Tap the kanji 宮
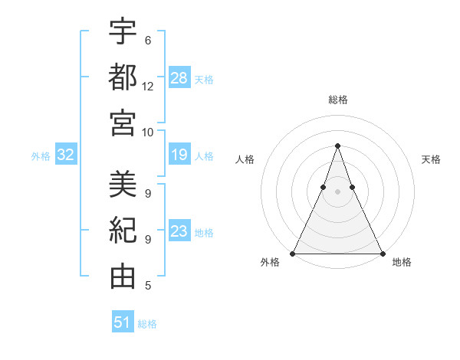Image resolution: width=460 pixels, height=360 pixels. [x=123, y=123]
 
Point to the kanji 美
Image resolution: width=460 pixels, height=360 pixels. [x=123, y=184]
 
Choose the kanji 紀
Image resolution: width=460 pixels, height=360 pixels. [x=123, y=230]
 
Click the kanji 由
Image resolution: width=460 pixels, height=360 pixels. [x=123, y=277]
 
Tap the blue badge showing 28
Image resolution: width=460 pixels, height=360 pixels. [x=179, y=77]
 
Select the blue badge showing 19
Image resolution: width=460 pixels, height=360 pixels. [x=179, y=155]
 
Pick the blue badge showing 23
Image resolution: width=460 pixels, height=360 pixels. [x=179, y=232]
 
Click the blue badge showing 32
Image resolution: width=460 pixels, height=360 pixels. [x=66, y=155]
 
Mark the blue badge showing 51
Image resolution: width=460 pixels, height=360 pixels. [x=123, y=322]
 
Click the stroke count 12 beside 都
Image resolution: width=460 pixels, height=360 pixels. [x=148, y=86]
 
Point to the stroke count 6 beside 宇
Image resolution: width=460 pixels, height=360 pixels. [x=148, y=40]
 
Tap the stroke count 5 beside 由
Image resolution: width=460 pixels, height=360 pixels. [x=148, y=286]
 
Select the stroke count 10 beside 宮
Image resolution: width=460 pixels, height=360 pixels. [x=148, y=132]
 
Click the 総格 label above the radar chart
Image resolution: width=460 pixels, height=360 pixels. [x=337, y=100]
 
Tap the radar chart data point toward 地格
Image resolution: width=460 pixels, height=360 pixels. [x=382, y=254]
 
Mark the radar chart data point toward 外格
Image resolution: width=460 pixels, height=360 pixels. [x=293, y=254]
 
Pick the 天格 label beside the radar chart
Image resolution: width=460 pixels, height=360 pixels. [x=431, y=159]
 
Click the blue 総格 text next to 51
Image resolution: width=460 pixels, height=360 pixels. [x=147, y=324]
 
